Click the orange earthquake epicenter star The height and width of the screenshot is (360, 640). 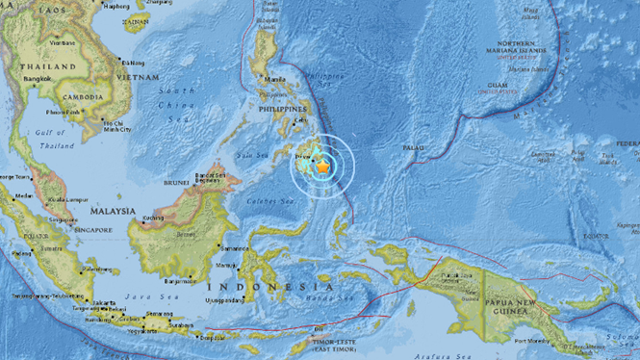pos(322,167)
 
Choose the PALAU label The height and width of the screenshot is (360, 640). pos(413,148)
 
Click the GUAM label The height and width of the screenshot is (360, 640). pos(498,86)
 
